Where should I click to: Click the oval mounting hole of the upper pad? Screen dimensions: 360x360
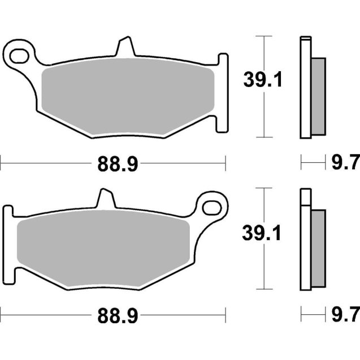coord(20,55)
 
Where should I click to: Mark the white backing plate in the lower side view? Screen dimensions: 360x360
coord(305,240)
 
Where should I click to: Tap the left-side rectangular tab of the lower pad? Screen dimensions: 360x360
coord(7,243)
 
